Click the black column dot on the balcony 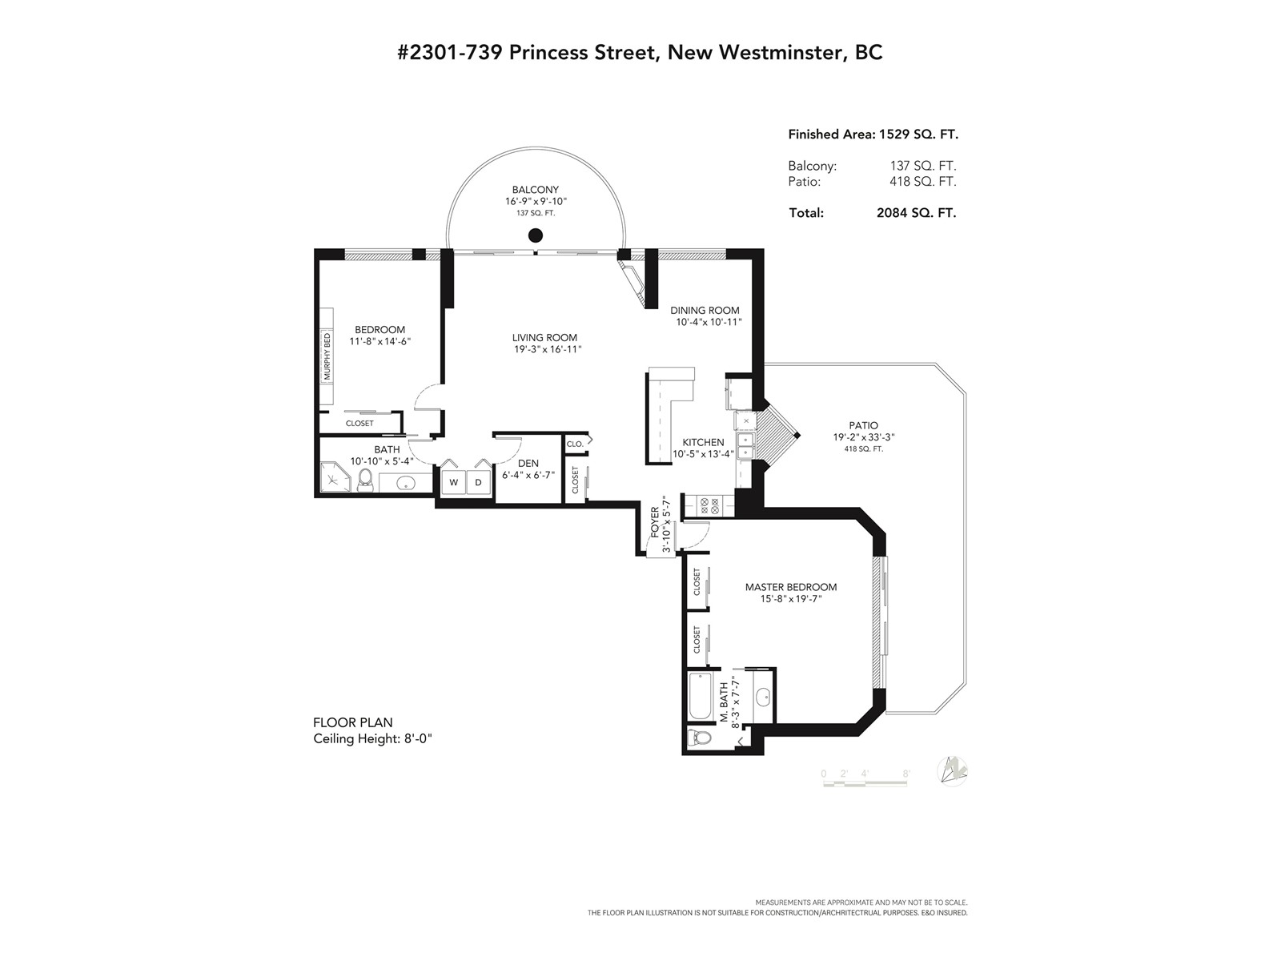coord(535,235)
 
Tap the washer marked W coord(453,482)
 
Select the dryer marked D coord(478,482)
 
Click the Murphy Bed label coord(327,356)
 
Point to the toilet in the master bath coord(700,738)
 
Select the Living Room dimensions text coord(544,349)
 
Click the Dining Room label coord(705,311)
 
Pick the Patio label coord(863,425)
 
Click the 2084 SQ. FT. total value coord(916,213)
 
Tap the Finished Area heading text coord(832,135)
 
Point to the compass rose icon coord(952,770)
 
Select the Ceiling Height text coord(372,738)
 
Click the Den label coord(528,464)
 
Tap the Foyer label coord(655,521)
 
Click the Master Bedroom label coord(791,587)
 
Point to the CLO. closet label coord(575,444)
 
